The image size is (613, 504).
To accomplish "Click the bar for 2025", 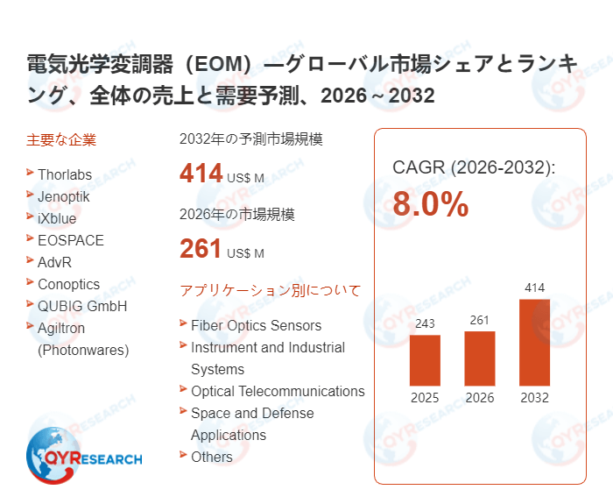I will click(x=425, y=359).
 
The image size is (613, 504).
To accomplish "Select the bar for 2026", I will click(x=480, y=358).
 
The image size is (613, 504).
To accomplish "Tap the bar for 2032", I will click(x=534, y=342).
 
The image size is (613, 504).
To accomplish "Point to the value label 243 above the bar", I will click(x=425, y=324).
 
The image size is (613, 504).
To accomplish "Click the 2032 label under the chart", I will click(x=534, y=398).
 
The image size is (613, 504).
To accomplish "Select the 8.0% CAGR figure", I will click(x=430, y=205).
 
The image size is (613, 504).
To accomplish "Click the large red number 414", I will click(x=201, y=174).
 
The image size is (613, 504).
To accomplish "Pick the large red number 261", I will click(x=201, y=249).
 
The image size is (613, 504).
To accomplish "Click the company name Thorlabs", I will click(x=65, y=174).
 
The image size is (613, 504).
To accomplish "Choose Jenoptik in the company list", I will click(x=64, y=196).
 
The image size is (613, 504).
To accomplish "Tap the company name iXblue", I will click(x=57, y=218).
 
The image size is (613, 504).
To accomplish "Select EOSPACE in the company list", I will click(x=71, y=240).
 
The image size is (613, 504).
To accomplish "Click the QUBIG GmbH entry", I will click(x=82, y=306).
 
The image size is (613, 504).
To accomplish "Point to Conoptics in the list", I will click(x=69, y=284).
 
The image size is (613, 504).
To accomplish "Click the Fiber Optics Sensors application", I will click(x=256, y=325).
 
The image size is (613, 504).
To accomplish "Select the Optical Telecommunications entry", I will click(x=278, y=391).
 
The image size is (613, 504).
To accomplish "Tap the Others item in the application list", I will click(x=212, y=457).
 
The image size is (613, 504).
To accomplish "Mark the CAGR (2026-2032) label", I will click(x=474, y=167).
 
